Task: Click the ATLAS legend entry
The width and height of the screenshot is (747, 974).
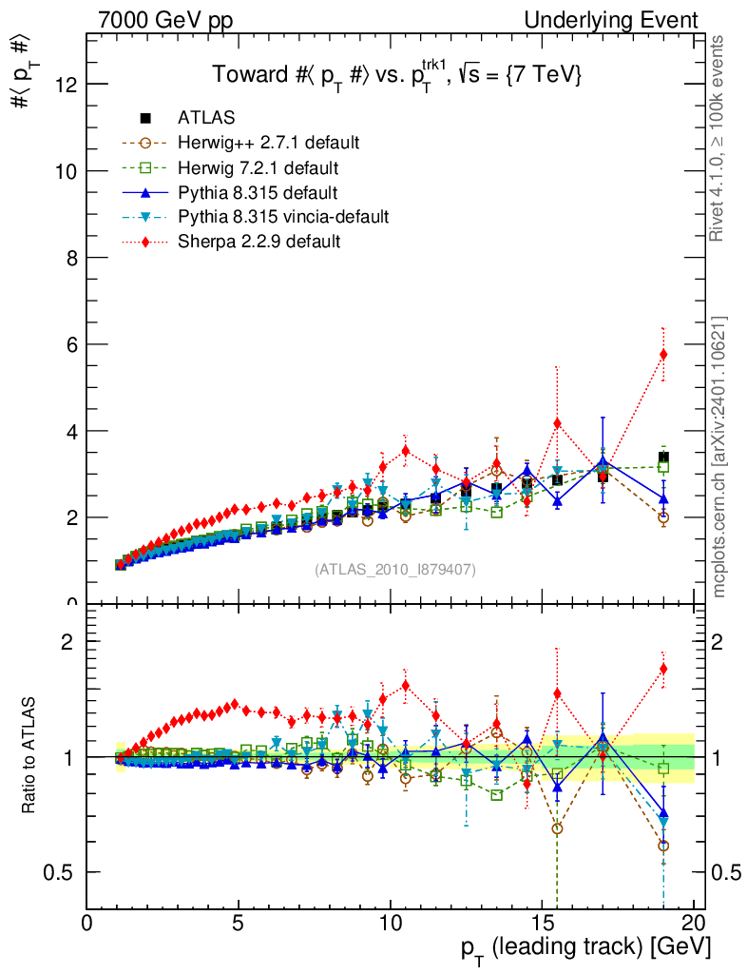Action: click(206, 118)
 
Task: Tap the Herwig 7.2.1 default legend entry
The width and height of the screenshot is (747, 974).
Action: click(259, 167)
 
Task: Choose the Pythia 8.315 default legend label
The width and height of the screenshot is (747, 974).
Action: click(257, 192)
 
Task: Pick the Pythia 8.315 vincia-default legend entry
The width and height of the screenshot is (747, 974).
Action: click(283, 217)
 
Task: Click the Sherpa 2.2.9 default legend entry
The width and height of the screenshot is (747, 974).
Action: click(259, 242)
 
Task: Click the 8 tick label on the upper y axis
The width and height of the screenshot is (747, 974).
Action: click(68, 258)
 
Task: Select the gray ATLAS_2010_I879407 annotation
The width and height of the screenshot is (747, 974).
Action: click(394, 570)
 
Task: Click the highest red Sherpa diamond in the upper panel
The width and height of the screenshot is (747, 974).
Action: click(663, 355)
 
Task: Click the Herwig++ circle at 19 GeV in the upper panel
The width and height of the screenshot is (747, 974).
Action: click(663, 517)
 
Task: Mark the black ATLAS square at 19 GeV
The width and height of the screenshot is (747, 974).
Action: click(663, 458)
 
